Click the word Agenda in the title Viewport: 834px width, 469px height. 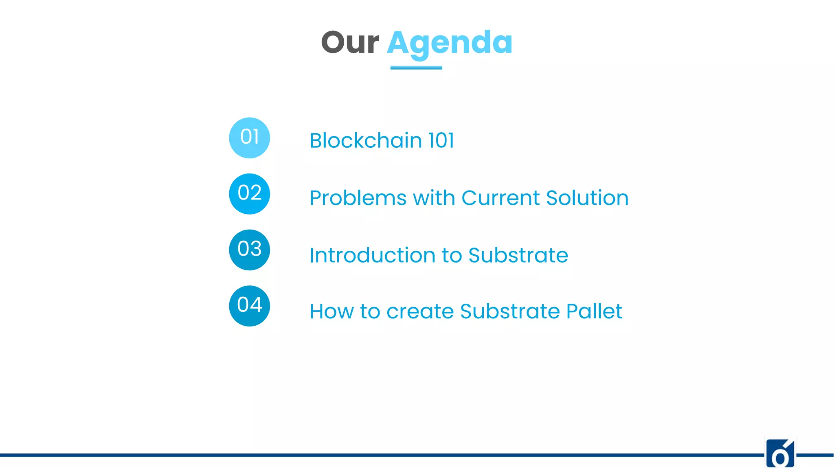450,43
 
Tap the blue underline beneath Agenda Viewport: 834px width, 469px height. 416,68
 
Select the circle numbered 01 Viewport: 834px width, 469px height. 249,138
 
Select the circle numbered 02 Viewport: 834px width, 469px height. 249,194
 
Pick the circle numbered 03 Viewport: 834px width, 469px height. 249,250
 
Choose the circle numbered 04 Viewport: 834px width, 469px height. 249,306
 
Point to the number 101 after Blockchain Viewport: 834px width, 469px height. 441,140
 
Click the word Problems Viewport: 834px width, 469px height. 358,198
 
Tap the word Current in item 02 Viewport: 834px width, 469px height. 500,198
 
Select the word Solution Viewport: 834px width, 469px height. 587,198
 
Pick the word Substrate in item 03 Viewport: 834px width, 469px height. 518,256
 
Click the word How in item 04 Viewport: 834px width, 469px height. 331,312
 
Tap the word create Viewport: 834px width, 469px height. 420,312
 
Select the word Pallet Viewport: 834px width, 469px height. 594,311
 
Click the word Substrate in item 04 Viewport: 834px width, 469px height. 510,311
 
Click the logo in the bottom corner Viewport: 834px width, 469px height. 780,454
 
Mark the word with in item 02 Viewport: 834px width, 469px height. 434,198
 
